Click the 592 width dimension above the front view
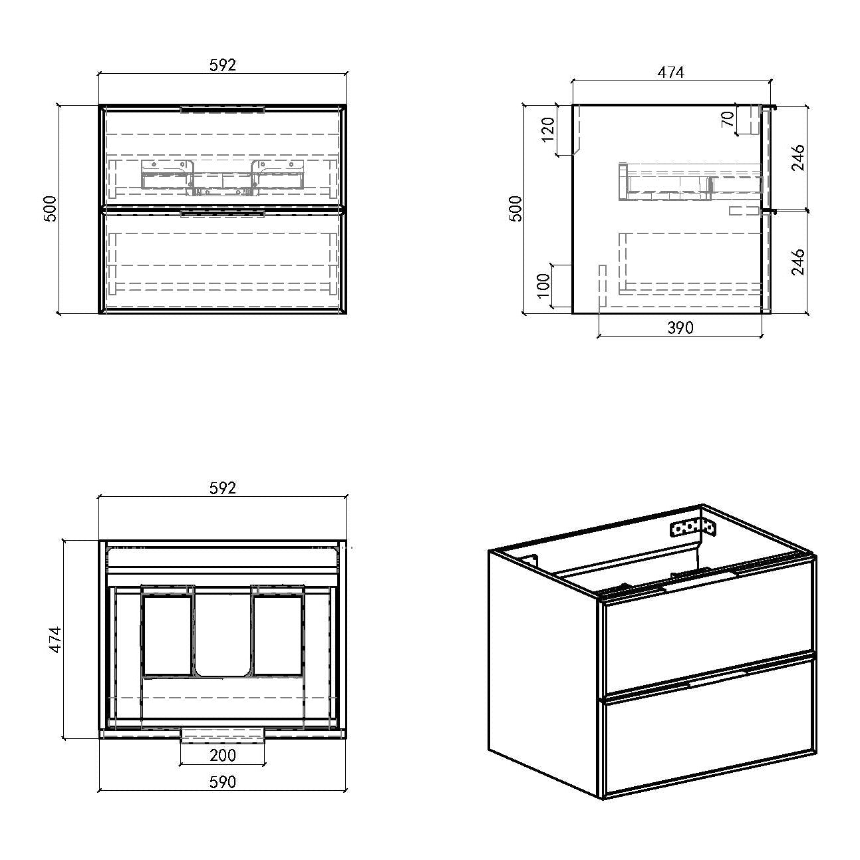click(222, 65)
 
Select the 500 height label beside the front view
click(51, 208)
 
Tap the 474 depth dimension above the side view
click(670, 72)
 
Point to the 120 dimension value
click(547, 129)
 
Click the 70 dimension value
click(728, 119)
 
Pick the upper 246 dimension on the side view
click(797, 158)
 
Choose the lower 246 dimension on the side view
click(797, 262)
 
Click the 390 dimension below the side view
click(680, 328)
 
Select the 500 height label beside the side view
click(515, 208)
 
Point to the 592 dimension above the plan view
click(222, 488)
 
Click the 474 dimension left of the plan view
click(55, 640)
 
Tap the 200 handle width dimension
click(222, 755)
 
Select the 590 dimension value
click(222, 782)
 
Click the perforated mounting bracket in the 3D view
click(692, 529)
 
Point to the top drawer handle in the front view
click(222, 109)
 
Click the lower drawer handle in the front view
click(222, 214)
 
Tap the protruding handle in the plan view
click(222, 736)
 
